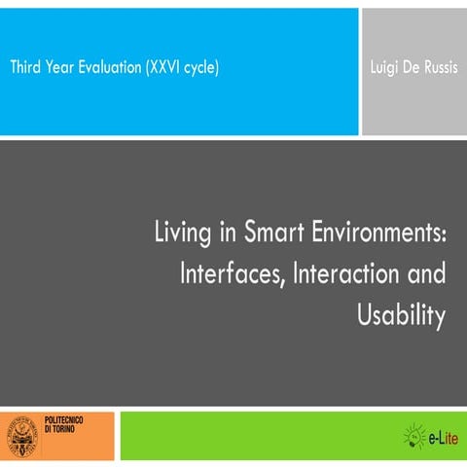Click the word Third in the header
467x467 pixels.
point(27,68)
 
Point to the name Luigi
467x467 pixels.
point(387,68)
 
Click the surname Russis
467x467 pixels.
point(439,68)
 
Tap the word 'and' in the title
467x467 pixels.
point(426,274)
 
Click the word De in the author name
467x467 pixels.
point(413,68)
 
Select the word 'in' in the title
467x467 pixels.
point(225,233)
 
